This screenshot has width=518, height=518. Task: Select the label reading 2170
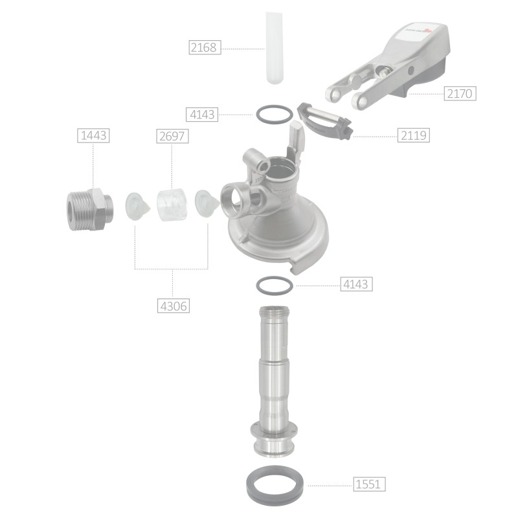pos(460,94)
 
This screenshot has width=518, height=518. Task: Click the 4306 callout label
pos(173,305)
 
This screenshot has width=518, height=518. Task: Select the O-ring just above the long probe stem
pos(275,284)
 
